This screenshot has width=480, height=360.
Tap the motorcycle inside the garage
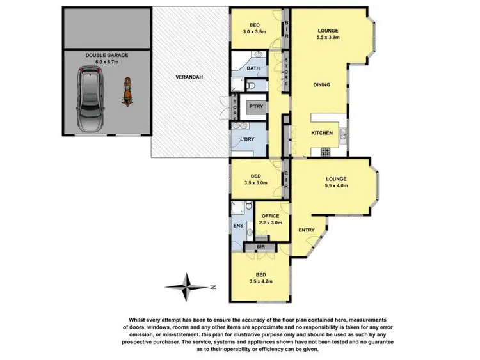(127, 91)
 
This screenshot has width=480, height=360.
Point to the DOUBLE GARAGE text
(108, 56)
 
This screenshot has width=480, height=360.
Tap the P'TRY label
(256, 106)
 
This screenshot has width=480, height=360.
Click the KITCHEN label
(321, 132)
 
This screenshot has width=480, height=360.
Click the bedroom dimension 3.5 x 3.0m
(255, 182)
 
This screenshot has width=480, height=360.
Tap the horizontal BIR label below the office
(261, 246)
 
